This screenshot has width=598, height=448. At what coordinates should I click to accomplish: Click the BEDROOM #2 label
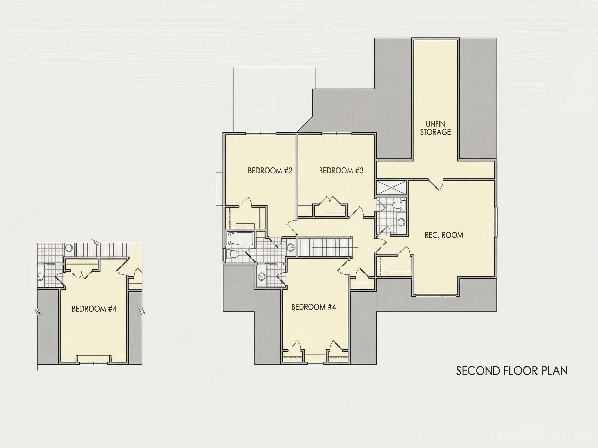click(270, 171)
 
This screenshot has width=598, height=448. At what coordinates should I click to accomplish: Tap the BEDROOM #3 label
click(341, 171)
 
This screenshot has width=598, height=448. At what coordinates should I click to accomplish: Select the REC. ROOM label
click(444, 235)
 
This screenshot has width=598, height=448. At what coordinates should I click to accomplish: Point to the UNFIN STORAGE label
click(436, 128)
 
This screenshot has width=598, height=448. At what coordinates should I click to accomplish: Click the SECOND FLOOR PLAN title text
click(512, 371)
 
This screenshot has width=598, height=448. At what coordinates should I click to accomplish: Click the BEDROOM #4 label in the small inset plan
click(94, 309)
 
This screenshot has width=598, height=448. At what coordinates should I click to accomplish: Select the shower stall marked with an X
click(391, 187)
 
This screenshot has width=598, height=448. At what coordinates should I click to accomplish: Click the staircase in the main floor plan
click(325, 247)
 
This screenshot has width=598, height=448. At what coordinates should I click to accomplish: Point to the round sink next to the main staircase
click(291, 247)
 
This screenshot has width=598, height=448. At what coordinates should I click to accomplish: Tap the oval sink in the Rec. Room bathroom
click(401, 222)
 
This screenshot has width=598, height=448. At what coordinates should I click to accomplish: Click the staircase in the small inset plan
click(103, 250)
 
